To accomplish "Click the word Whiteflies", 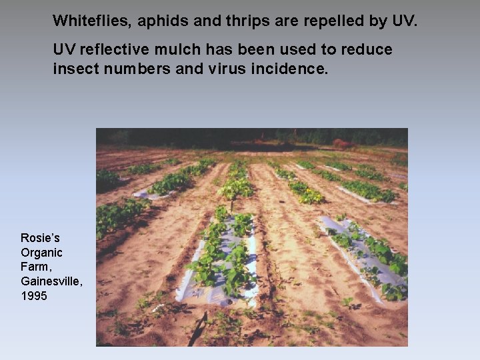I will click(x=92, y=21).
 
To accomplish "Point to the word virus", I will click(x=233, y=68).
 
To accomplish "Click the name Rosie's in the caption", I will click(x=40, y=238).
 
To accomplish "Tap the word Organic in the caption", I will click(x=41, y=253).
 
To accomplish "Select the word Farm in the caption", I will click(x=35, y=267).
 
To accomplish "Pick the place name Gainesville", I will click(x=51, y=281).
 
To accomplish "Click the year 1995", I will click(x=34, y=295).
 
